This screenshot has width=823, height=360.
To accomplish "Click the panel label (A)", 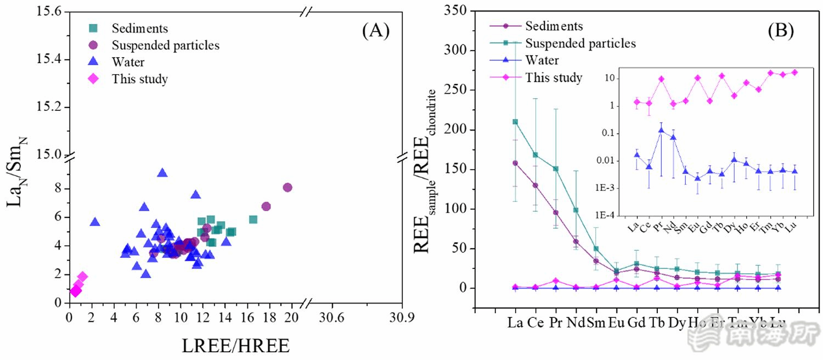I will pyautogui.click(x=376, y=31).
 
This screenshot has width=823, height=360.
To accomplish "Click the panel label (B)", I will pyautogui.click(x=781, y=31).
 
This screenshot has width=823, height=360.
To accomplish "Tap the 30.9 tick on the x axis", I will pyautogui.click(x=401, y=317).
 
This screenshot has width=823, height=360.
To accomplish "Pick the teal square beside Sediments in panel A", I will pyautogui.click(x=94, y=28).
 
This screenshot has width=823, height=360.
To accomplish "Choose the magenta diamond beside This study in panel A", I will pyautogui.click(x=94, y=78).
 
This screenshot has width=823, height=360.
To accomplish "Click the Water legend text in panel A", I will pyautogui.click(x=128, y=62).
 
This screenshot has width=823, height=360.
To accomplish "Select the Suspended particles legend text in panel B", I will pyautogui.click(x=580, y=43).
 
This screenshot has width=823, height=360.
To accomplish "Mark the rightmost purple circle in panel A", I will pyautogui.click(x=288, y=188).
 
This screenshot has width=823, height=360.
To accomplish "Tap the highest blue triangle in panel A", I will pyautogui.click(x=162, y=173).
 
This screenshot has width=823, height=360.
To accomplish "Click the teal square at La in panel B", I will pyautogui.click(x=515, y=122).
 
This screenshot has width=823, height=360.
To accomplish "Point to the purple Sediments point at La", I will pyautogui.click(x=515, y=163).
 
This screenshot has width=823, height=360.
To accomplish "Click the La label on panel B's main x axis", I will pyautogui.click(x=515, y=323).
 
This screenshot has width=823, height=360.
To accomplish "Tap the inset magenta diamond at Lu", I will pyautogui.click(x=794, y=72).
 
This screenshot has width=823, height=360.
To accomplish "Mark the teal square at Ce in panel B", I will pyautogui.click(x=535, y=155).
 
